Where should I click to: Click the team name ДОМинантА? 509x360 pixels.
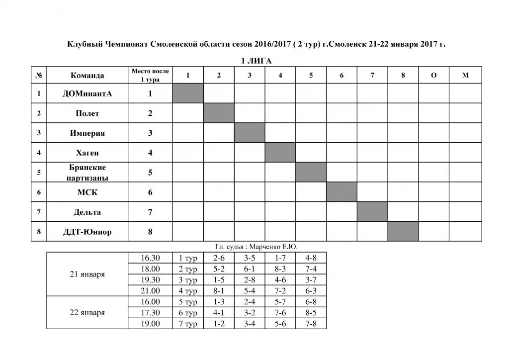87,93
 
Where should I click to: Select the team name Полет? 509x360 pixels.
87,113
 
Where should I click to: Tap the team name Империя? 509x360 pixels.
87,133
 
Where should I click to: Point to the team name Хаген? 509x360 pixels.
87,153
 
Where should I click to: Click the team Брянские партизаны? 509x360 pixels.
87,173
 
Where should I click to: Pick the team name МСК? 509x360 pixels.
87,192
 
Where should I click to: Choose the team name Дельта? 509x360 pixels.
87,212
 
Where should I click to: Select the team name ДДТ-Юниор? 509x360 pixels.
87,232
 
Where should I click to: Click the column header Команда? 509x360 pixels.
87,76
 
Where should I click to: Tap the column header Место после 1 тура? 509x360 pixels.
150,75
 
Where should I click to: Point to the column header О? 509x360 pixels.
434,75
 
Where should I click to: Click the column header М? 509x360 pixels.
465,75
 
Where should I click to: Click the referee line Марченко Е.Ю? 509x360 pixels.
256,247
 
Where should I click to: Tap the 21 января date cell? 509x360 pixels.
87,274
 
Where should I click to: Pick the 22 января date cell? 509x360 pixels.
87,313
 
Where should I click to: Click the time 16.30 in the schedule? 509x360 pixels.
150,258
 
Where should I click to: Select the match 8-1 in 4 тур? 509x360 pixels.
219,291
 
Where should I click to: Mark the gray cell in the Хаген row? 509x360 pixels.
280,153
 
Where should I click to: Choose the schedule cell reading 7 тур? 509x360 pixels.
188,324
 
